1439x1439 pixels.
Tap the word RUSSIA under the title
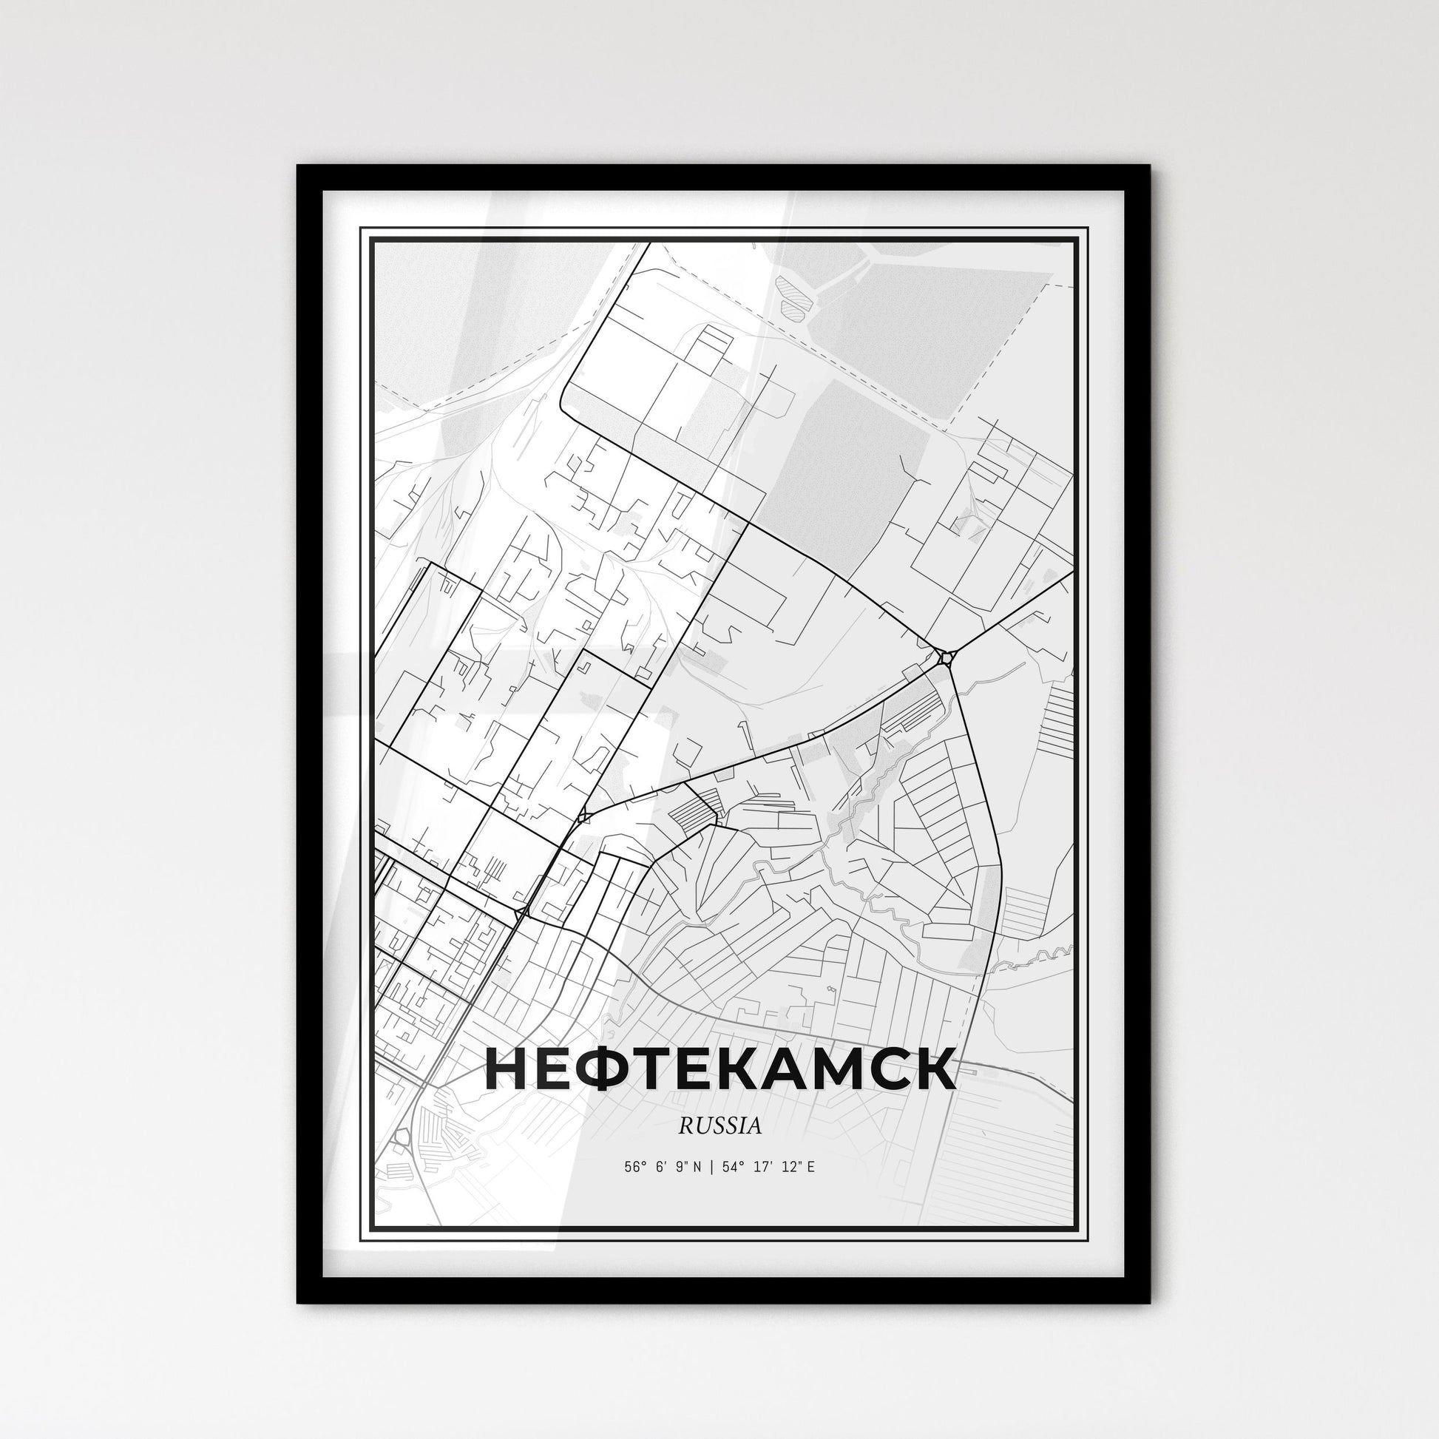[x=719, y=1126]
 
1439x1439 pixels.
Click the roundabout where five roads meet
[x=946, y=657]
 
